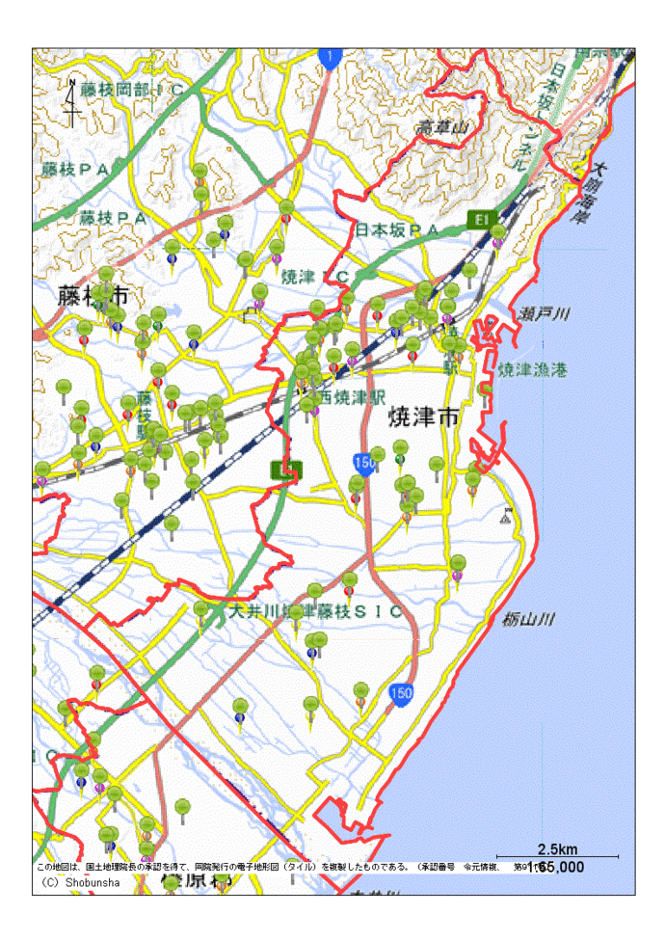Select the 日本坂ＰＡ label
(x=397, y=230)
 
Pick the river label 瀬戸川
(x=545, y=314)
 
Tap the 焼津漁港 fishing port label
(x=532, y=370)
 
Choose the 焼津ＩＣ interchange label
(x=314, y=277)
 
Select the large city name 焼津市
(x=420, y=417)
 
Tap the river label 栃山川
(x=528, y=621)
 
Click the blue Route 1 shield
(x=329, y=59)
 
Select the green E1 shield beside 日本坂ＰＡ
(x=479, y=220)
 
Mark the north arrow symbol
(x=72, y=102)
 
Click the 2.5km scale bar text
(x=557, y=849)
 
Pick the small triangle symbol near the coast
(x=506, y=517)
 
